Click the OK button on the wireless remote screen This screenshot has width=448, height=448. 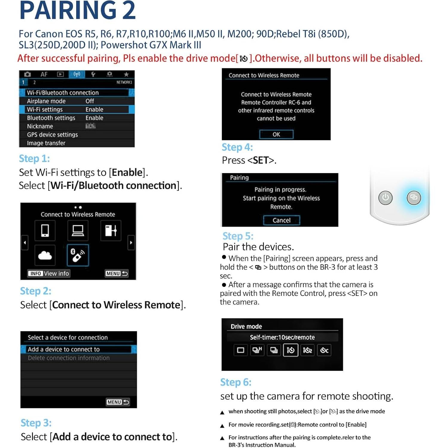276,134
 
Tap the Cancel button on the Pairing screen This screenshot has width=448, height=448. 281,220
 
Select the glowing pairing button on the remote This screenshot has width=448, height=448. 414,197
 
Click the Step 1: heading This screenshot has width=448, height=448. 34,158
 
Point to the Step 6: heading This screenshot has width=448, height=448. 236,382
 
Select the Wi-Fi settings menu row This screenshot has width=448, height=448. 77,109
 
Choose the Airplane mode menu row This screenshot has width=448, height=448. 77,101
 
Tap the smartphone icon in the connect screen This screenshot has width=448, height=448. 45,230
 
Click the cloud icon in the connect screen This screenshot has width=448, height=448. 45,255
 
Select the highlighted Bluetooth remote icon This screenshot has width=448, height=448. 78,255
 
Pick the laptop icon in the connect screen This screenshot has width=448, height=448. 78,230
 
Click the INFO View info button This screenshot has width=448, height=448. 49,273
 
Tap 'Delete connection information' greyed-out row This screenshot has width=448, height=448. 69,358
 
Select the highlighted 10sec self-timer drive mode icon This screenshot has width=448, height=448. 290,350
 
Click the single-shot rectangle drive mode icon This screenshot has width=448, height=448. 240,350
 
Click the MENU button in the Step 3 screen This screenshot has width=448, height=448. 118,402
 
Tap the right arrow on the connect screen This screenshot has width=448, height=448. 131,243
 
